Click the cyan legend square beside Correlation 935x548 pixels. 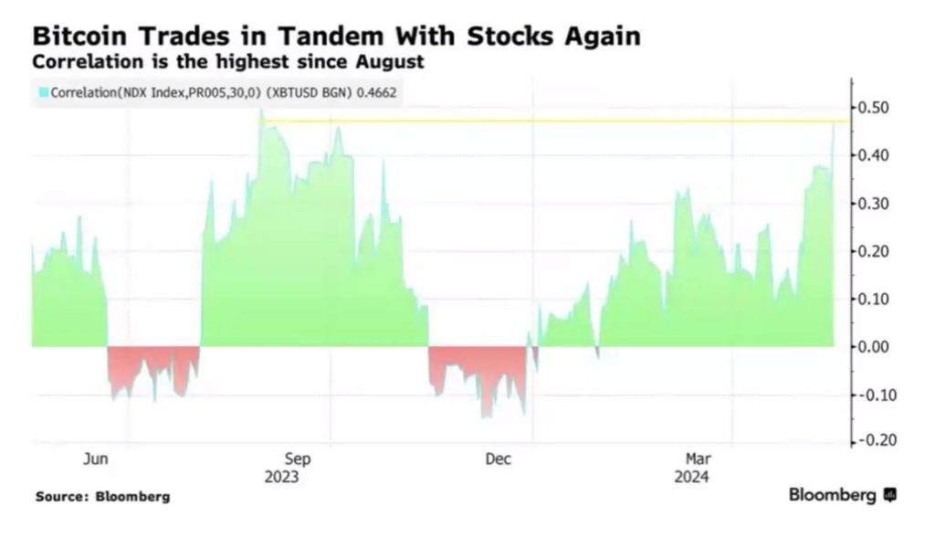coord(42,92)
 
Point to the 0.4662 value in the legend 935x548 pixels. coord(376,92)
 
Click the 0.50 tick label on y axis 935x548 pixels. coord(877,108)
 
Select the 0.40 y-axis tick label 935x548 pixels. coord(877,155)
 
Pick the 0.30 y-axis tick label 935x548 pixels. coord(877,203)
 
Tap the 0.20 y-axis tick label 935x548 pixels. coord(877,251)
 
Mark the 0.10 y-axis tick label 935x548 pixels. coord(877,299)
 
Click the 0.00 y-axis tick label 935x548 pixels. coord(877,347)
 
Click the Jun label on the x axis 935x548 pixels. coord(96,459)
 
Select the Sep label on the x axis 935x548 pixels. coord(299,459)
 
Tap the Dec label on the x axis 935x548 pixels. coord(499,459)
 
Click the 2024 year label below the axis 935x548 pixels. coord(692,477)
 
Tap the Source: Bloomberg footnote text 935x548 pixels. coord(102,497)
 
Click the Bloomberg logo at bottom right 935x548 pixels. coord(842,495)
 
